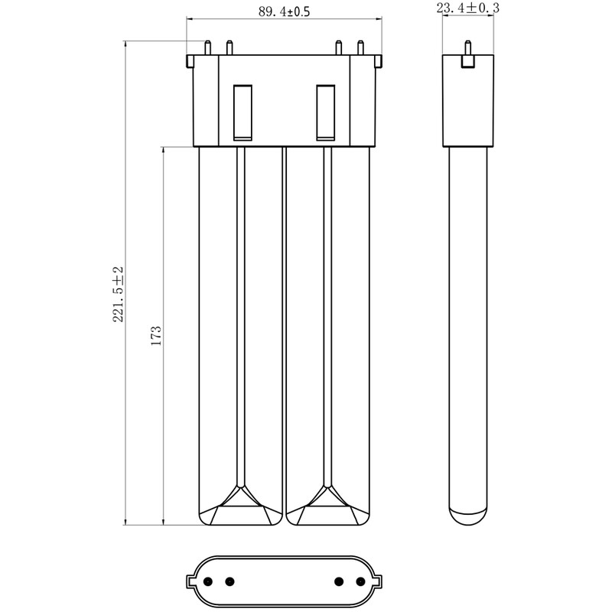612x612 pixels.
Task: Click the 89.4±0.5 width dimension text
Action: [x=284, y=11]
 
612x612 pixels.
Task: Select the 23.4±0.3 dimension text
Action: [x=468, y=8]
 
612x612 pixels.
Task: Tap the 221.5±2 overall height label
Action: [x=118, y=295]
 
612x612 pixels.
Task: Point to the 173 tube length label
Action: [x=156, y=336]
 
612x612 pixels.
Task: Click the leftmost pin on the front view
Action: [x=208, y=47]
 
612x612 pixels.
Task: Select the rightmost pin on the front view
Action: [x=360, y=47]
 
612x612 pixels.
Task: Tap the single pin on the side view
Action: [x=468, y=48]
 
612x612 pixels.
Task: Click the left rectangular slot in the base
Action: [x=243, y=112]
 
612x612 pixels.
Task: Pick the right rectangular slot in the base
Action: [x=326, y=112]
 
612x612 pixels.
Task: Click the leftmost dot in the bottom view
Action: [x=208, y=581]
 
